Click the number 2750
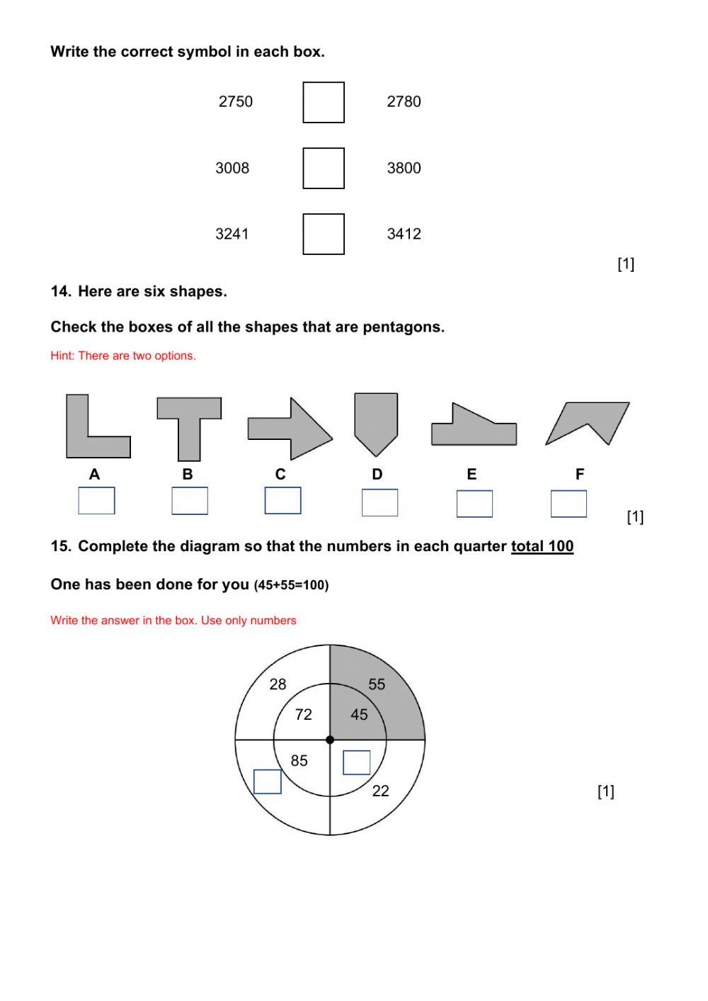(235, 101)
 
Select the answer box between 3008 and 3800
(324, 168)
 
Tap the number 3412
(404, 234)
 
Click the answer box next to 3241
(324, 234)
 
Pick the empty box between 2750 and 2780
(324, 102)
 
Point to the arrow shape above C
(290, 429)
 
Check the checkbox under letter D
(379, 502)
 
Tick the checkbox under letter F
(569, 504)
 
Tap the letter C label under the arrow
(280, 475)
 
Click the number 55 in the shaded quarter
(377, 684)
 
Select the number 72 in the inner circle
(304, 715)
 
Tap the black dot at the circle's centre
(330, 740)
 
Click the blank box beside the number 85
(268, 781)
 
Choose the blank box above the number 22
(356, 762)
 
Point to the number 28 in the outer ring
(278, 684)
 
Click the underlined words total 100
(542, 546)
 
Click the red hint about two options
(123, 356)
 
